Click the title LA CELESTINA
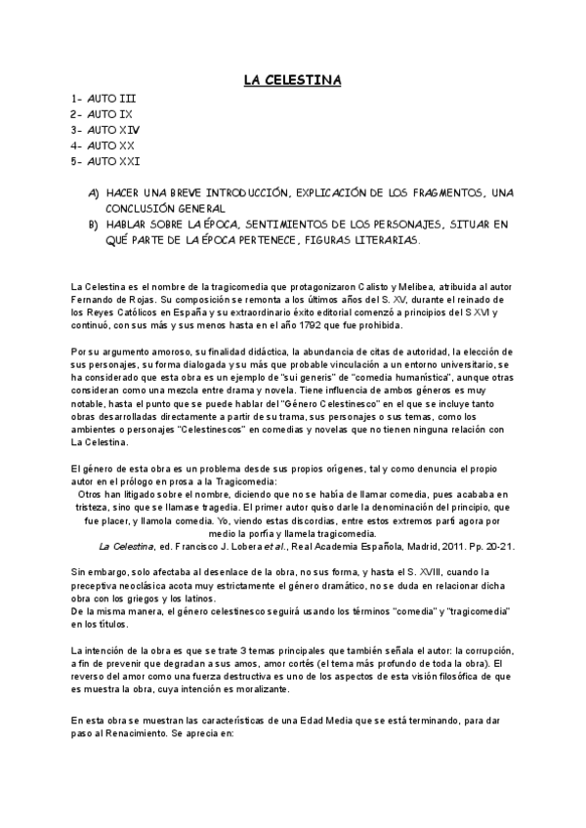292,78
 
